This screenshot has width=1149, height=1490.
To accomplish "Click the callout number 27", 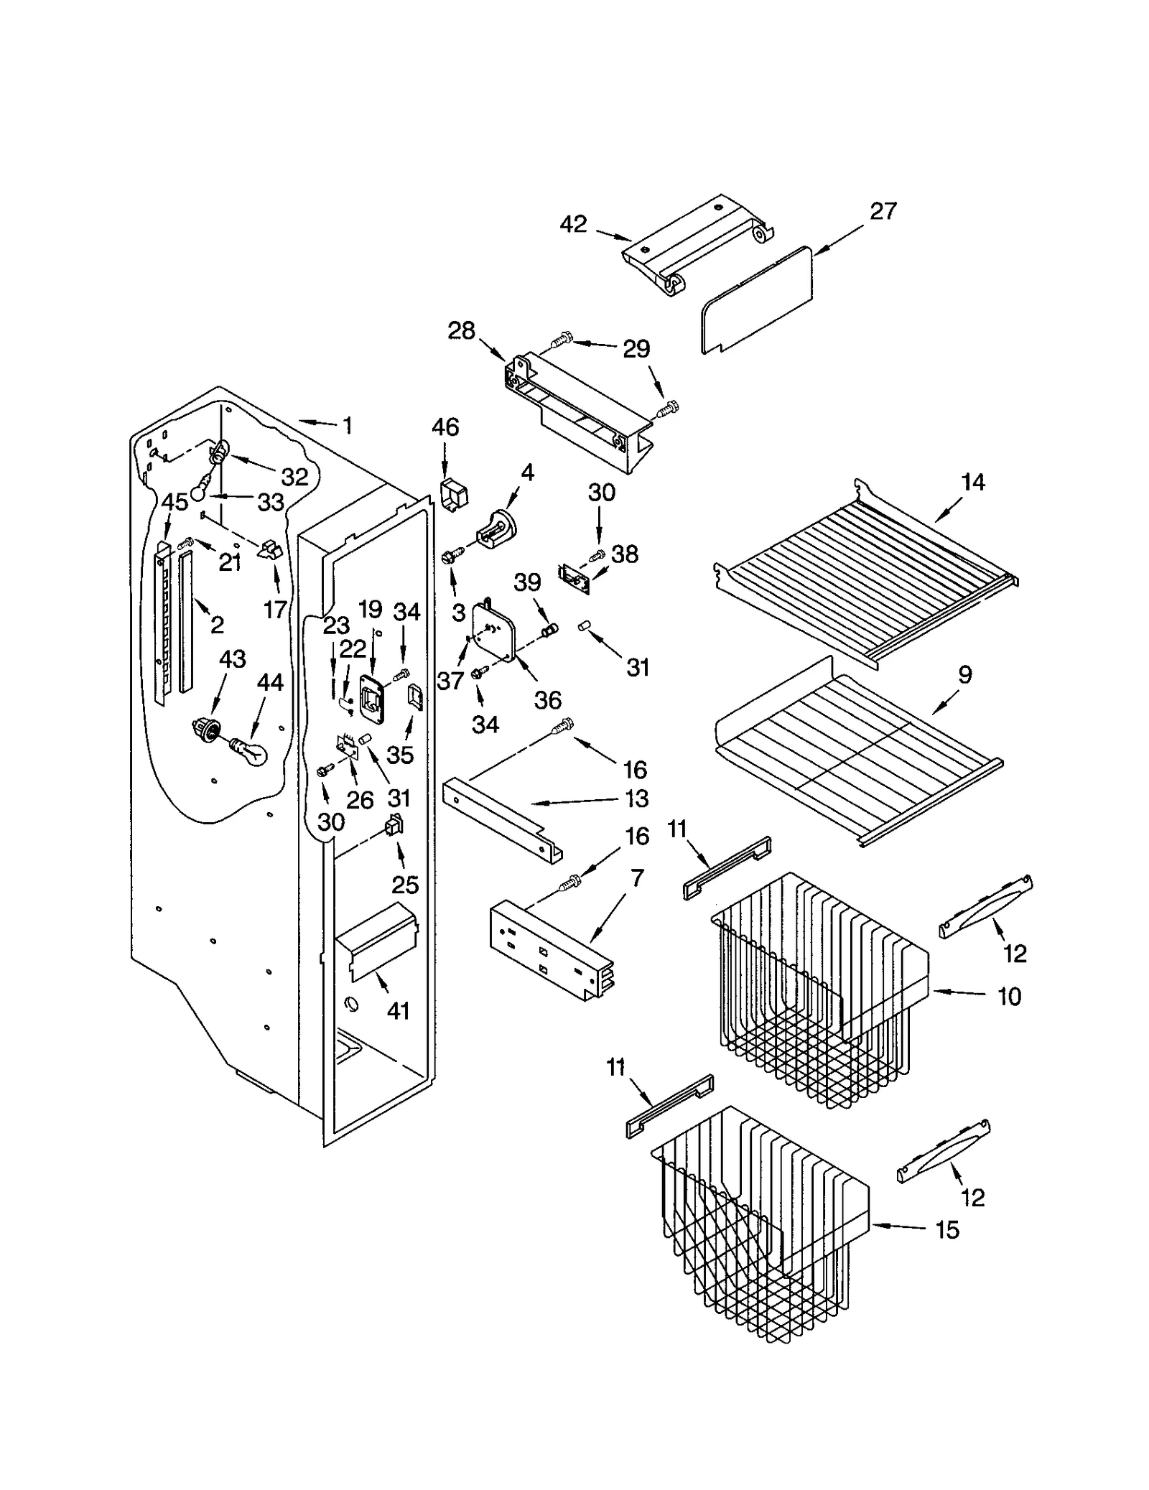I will pos(883,211).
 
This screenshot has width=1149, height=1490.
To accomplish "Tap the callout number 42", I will pos(573,225).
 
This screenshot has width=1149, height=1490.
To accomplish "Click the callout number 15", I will pos(947,1230).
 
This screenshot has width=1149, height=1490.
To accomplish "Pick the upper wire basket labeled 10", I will pos(819,991).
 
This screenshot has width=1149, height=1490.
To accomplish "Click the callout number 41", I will pos(398,1010).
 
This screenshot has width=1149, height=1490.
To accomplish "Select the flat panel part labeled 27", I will pos(758,299).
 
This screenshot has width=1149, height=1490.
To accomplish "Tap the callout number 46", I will pos(445,427).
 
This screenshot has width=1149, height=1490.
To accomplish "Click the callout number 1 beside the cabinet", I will pos(348,426).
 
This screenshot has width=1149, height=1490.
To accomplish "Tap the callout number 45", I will pos(175,502).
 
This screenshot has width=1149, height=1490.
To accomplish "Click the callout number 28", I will pos(461,331).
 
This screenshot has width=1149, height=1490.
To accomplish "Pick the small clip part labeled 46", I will pos(452,494).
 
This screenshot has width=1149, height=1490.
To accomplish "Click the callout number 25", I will pos(405,885).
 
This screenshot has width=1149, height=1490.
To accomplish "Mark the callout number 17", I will pos(275,610).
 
